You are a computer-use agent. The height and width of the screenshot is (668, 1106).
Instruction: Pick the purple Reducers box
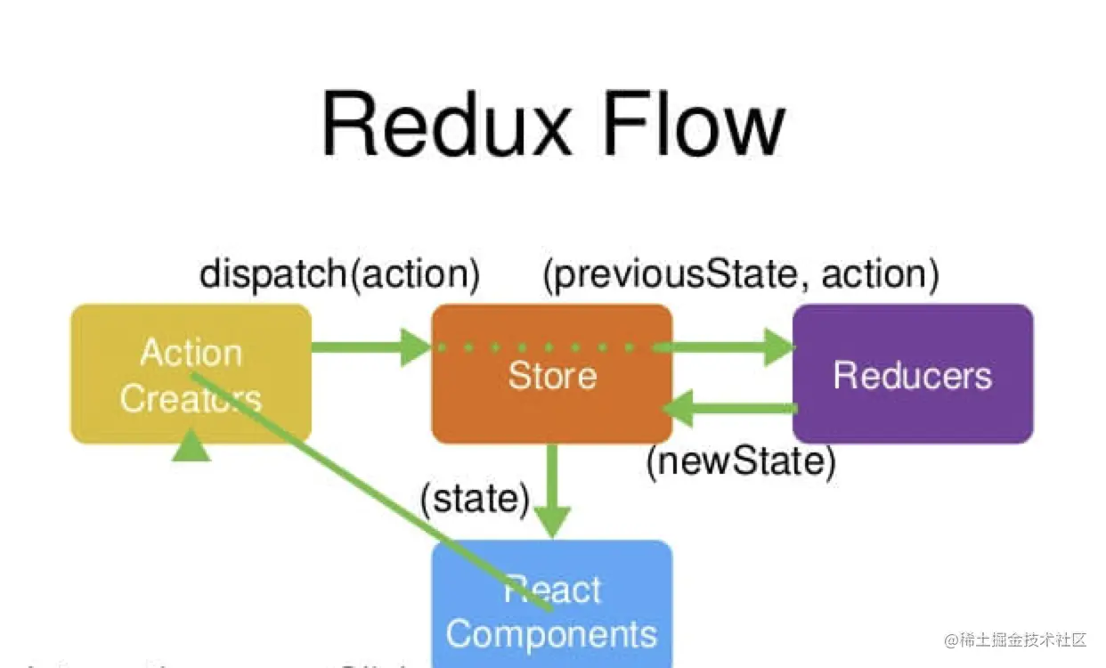[x=913, y=375]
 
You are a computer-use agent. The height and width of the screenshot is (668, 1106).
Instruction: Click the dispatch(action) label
[x=339, y=273]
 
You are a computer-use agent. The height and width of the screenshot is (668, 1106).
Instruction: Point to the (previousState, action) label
[x=741, y=273]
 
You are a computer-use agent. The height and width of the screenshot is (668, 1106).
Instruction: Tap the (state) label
[x=476, y=498]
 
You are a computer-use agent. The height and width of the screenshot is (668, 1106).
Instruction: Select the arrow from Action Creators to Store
[x=370, y=346]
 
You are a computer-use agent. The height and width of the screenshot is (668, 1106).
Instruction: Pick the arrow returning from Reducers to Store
[x=730, y=408]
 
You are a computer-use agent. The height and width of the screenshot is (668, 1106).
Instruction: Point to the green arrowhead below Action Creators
[x=191, y=445]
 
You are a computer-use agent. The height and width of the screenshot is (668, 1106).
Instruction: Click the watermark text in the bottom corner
[x=1015, y=639]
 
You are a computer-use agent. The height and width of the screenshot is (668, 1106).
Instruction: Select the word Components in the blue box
[x=552, y=634]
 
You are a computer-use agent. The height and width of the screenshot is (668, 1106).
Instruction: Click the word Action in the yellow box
[x=191, y=353]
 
